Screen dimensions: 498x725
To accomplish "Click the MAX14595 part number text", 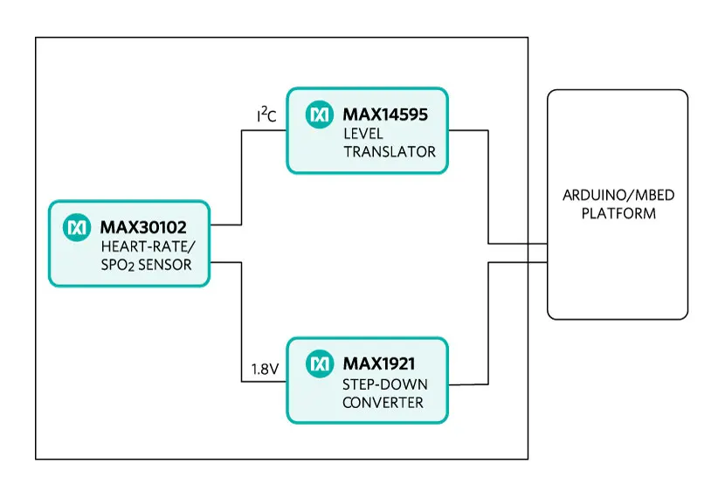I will [x=383, y=114].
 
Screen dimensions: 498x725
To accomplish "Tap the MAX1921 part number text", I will [x=378, y=363].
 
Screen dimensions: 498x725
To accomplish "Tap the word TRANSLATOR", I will [x=389, y=151].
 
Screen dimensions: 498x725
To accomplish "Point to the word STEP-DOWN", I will [x=378, y=384].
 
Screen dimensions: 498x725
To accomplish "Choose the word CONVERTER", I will [x=383, y=403].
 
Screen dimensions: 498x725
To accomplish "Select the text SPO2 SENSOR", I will [x=145, y=265].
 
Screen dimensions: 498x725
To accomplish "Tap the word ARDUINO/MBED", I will [x=618, y=194].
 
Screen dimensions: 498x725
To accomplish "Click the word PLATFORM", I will [x=618, y=213].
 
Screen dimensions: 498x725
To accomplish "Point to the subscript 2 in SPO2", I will [x=128, y=268].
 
